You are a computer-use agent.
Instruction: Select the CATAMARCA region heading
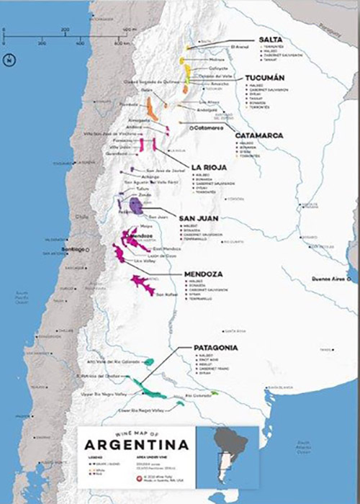coord(263,135)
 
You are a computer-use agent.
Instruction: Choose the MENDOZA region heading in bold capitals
coord(207,274)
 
